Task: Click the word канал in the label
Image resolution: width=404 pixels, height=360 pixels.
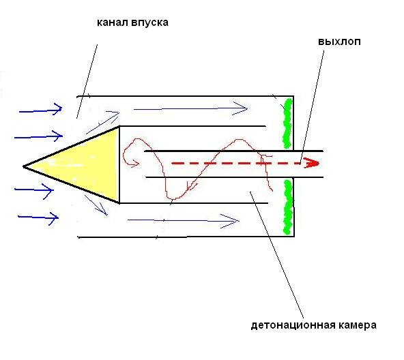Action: pyautogui.click(x=113, y=22)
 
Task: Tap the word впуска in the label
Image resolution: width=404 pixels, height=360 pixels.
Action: pyautogui.click(x=149, y=23)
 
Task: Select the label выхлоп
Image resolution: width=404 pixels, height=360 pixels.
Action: pyautogui.click(x=339, y=42)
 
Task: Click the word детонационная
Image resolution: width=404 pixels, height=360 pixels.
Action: pyautogui.click(x=293, y=325)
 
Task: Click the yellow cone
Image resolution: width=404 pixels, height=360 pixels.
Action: pyautogui.click(x=85, y=166)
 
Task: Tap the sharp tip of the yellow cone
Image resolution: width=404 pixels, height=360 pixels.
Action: pyautogui.click(x=23, y=166)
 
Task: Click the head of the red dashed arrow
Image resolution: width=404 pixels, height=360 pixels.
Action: pyautogui.click(x=312, y=163)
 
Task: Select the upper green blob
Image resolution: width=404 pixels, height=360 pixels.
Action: pyautogui.click(x=287, y=123)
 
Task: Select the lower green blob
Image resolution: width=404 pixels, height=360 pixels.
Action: pyautogui.click(x=288, y=207)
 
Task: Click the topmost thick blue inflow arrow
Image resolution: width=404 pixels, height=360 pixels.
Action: pyautogui.click(x=41, y=110)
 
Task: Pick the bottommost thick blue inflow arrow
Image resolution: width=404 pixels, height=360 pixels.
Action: pyautogui.click(x=38, y=217)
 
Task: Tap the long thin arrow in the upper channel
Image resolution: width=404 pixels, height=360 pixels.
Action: pyautogui.click(x=190, y=108)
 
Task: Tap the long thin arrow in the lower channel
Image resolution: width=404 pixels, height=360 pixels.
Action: pyautogui.click(x=184, y=221)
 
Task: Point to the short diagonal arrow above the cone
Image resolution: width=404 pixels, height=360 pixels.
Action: pyautogui.click(x=102, y=123)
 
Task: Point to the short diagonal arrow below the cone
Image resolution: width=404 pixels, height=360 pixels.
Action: pyautogui.click(x=96, y=205)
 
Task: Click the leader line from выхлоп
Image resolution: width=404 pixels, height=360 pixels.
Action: pyautogui.click(x=312, y=107)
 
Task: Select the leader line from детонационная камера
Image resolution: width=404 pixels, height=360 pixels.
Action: pyautogui.click(x=276, y=255)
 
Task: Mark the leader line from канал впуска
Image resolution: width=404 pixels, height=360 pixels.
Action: pyautogui.click(x=87, y=81)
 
